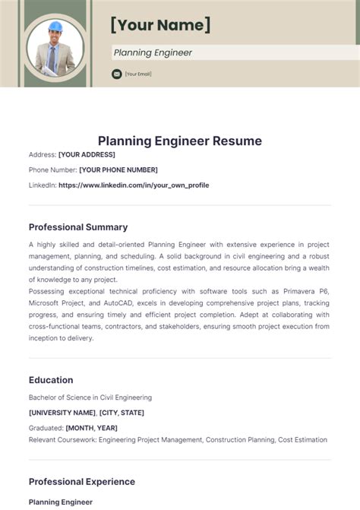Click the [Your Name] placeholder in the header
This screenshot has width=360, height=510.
160,24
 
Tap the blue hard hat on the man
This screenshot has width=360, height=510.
55,27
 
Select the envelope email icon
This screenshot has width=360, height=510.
116,74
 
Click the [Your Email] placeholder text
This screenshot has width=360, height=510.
138,74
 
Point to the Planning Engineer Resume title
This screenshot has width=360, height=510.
179,141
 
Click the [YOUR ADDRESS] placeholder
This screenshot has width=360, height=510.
87,154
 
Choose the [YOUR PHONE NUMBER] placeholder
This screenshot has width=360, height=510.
118,169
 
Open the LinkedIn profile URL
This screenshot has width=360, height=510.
134,185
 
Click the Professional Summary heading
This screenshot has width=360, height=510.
78,226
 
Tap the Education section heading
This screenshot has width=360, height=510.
51,380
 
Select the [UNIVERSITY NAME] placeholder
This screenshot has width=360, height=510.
62,413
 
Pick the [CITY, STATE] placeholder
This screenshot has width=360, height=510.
122,413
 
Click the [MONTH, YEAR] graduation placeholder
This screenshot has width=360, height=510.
91,428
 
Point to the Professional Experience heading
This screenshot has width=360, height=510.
82,481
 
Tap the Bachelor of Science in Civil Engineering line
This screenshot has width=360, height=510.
90,397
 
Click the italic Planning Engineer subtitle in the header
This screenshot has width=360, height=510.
153,52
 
